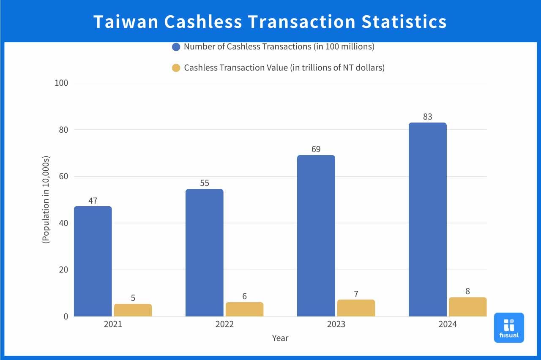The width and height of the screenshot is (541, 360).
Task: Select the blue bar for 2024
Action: (427, 219)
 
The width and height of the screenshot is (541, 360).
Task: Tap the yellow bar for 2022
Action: (244, 309)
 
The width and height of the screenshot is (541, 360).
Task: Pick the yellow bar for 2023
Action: (356, 308)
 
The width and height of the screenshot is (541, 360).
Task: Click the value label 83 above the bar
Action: (427, 117)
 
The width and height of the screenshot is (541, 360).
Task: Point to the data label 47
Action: (93, 200)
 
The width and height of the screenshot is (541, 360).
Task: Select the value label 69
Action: (316, 149)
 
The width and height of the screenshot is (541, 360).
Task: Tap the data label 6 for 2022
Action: (244, 296)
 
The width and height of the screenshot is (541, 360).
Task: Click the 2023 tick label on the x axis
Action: (336, 325)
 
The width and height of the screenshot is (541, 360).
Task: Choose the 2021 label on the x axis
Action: (113, 325)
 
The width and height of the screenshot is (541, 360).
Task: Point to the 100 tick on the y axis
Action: (62, 83)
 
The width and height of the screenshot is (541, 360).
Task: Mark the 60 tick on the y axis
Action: (63, 176)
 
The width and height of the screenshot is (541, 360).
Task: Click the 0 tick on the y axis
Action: (66, 316)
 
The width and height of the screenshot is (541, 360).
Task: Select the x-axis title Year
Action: (280, 338)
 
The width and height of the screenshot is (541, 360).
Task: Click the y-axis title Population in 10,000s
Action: (46, 199)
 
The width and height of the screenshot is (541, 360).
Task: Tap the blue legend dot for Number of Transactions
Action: (176, 47)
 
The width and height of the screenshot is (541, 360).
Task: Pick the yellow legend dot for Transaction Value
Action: (176, 68)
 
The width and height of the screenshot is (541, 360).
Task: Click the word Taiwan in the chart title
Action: (126, 22)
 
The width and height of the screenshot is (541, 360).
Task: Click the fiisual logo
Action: (509, 327)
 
